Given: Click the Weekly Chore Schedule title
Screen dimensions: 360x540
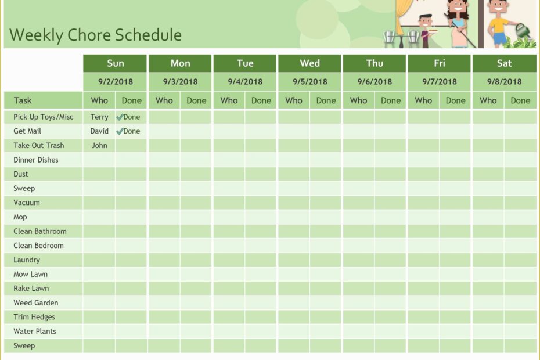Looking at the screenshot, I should (x=96, y=35).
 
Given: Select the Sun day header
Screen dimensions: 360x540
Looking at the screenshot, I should (x=115, y=63).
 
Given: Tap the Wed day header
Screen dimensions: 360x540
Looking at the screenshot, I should (x=309, y=63).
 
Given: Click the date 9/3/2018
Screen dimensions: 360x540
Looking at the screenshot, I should (x=180, y=82).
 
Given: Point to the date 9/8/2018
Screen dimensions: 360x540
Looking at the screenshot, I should (x=504, y=82).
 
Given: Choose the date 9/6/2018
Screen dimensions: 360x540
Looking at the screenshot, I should (x=375, y=82).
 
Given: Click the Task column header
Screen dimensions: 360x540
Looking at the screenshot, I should (x=23, y=100).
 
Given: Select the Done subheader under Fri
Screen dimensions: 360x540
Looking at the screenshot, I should (x=455, y=100).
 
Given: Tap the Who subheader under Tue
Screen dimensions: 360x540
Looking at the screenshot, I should (x=229, y=100).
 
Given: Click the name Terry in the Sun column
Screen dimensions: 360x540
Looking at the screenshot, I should (x=99, y=117).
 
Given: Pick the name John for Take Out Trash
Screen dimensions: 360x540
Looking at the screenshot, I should (x=99, y=146).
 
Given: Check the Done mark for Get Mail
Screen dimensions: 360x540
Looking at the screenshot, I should (x=128, y=131).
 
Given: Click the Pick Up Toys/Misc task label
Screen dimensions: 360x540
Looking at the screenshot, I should (x=44, y=117).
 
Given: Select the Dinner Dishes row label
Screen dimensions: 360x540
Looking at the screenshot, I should (x=36, y=160).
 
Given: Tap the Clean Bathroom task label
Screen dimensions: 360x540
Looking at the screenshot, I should (x=40, y=231).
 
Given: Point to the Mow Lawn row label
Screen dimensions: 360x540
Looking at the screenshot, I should (x=31, y=274).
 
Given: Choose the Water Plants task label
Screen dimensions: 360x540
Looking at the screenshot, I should (x=35, y=332).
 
